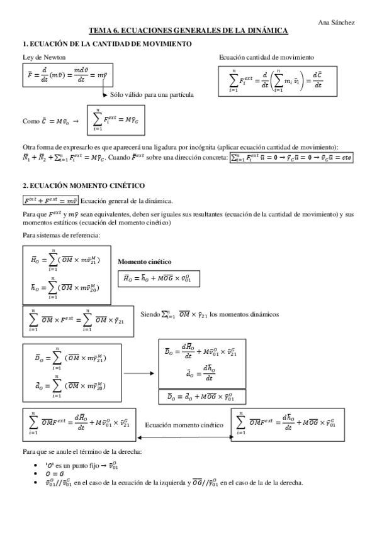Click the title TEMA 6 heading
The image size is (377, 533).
[188, 31]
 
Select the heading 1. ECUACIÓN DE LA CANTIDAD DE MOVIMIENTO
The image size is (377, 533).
[107, 43]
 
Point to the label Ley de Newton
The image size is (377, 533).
[40, 57]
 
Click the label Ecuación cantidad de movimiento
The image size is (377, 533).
[266, 57]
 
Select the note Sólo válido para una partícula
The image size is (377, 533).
[152, 94]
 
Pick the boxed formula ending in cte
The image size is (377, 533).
[291, 158]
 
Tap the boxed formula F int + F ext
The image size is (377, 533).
[50, 201]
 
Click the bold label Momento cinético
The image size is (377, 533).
[145, 261]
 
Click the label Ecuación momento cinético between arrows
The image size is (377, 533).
[184, 425]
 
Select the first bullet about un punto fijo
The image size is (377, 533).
[76, 464]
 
